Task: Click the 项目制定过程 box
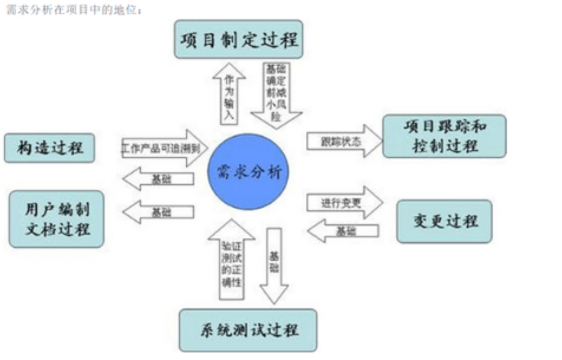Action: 238,40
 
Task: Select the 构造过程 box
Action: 50,148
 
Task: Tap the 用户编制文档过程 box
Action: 57,219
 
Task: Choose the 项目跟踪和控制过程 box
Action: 444,136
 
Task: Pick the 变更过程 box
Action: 444,221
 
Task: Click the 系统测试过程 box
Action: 248,329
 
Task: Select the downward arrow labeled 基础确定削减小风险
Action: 275,94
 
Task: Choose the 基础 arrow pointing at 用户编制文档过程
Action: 159,212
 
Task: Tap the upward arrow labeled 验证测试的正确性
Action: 231,260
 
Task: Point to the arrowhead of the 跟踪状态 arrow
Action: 374,141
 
